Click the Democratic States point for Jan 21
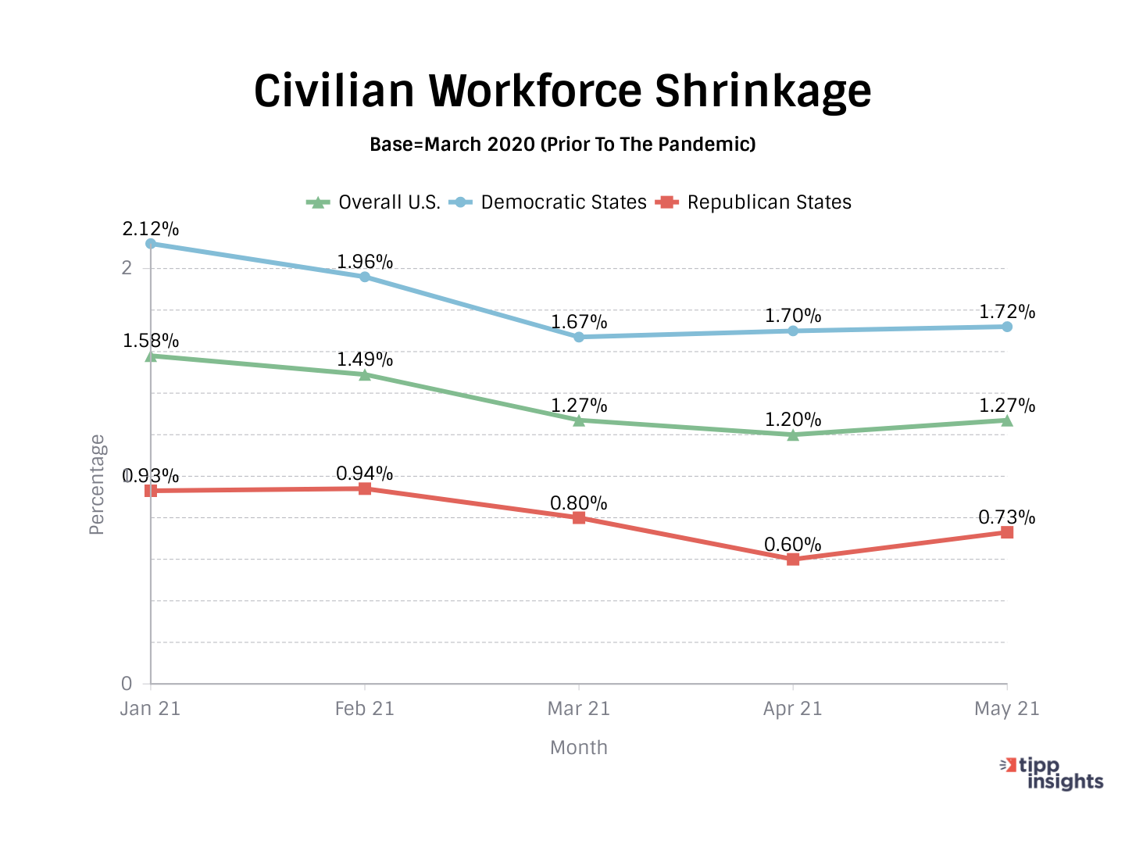click(x=151, y=244)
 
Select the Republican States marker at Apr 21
click(x=793, y=560)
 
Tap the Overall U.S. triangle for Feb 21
click(x=365, y=374)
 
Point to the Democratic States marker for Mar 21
click(x=579, y=337)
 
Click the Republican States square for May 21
click(x=1007, y=532)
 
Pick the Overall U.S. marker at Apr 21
click(x=793, y=435)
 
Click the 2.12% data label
click(x=151, y=229)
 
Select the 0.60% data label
click(x=793, y=545)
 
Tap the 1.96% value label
click(x=365, y=262)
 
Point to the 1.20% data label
click(x=793, y=420)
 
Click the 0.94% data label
click(x=365, y=474)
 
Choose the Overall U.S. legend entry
click(x=373, y=202)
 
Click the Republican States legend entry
click(x=754, y=202)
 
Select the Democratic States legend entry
click(x=548, y=202)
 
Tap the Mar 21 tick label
click(x=579, y=709)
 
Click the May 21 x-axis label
click(x=1007, y=709)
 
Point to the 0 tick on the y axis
click(x=127, y=684)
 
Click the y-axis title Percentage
click(x=97, y=485)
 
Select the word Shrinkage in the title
click(x=762, y=91)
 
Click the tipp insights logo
click(x=1052, y=773)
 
